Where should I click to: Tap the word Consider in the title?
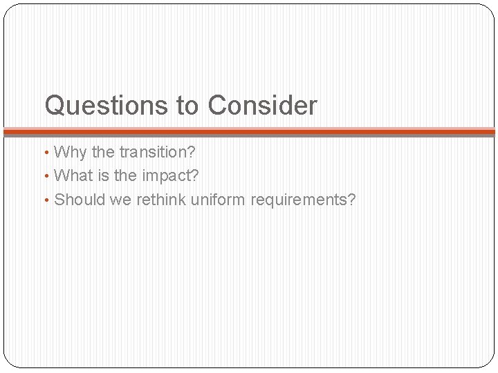coord(262,106)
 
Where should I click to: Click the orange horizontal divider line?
coord(249,131)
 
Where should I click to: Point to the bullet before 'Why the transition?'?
coord(48,152)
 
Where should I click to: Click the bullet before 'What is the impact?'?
coord(48,176)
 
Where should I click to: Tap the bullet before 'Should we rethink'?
coord(48,200)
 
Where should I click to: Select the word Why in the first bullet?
coord(68,152)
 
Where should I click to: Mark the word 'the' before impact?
coord(125,176)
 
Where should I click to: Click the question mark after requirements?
coord(352,200)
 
